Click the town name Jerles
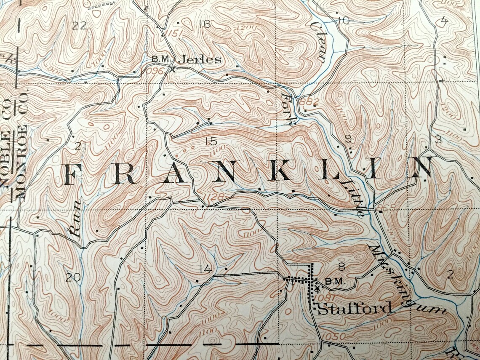click(x=200, y=60)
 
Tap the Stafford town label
click(x=354, y=309)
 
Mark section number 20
click(x=72, y=277)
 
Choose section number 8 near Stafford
click(x=341, y=266)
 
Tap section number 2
click(x=450, y=275)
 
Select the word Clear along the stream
click(x=317, y=43)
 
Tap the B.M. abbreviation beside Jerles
click(x=161, y=59)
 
